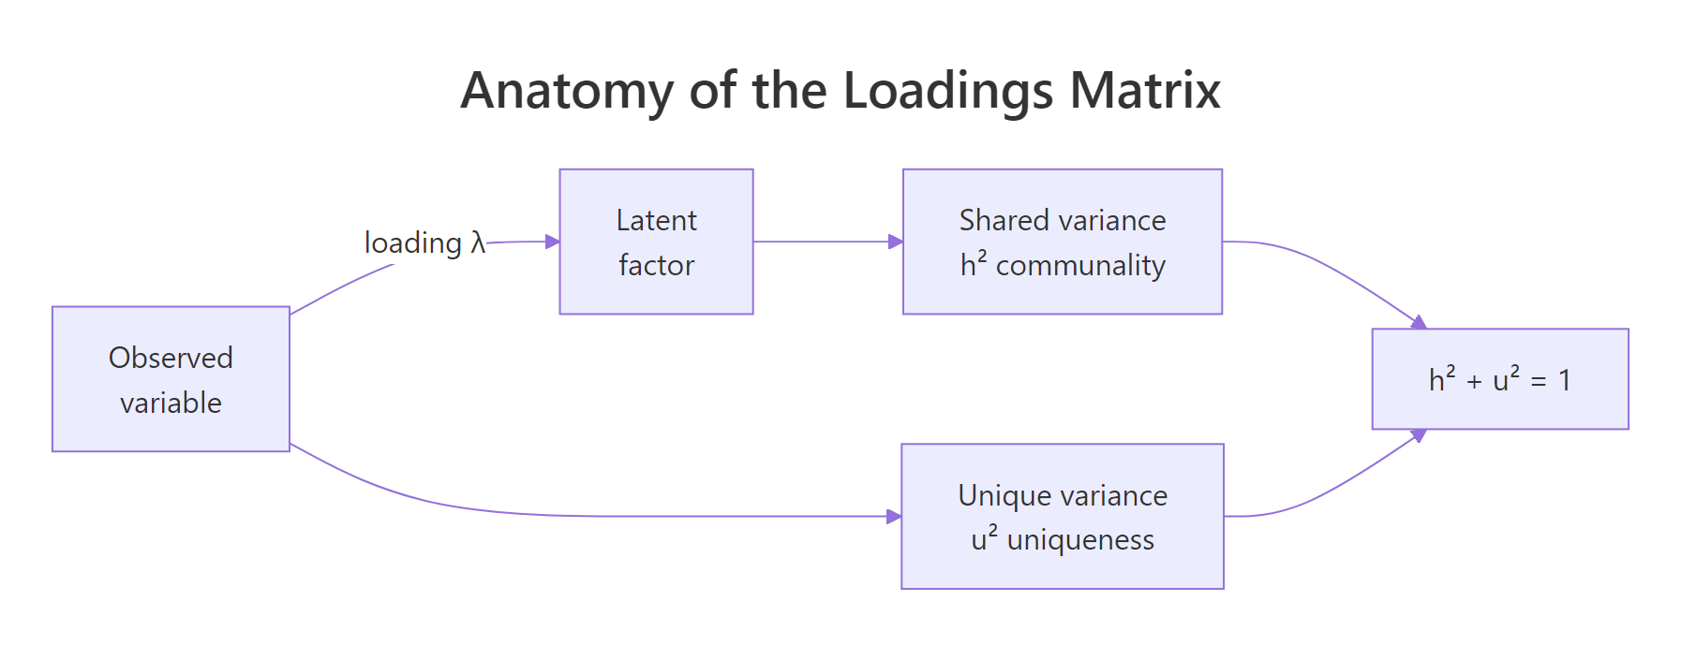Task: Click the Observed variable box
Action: pos(171,379)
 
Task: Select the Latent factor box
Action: pos(656,242)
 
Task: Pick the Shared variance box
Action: pos(1062,242)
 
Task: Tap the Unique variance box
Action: pos(1062,516)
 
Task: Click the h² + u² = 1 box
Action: pos(1499,379)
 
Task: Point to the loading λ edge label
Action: pos(424,242)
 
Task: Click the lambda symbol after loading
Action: pos(478,242)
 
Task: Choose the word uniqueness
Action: pos(1079,540)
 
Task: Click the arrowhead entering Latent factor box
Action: pos(553,242)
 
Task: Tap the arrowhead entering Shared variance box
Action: pos(896,242)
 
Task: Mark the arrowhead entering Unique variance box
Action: pos(894,516)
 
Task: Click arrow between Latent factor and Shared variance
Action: pos(825,242)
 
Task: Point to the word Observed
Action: pos(171,358)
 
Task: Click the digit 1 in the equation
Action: pos(1564,380)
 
